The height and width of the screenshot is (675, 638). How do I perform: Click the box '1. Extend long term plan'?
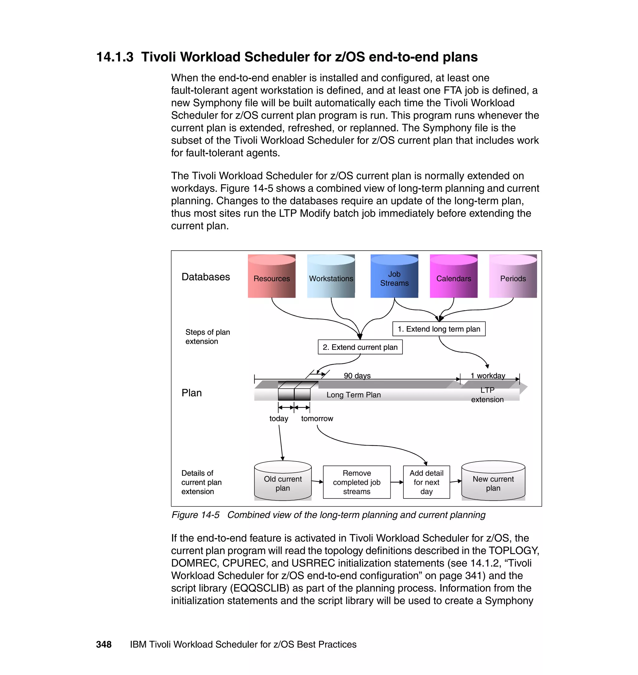tap(438, 329)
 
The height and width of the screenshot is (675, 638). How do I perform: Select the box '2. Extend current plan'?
tap(360, 347)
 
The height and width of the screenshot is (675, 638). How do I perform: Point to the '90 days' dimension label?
tap(357, 375)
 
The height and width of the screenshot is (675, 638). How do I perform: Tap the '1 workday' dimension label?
tap(487, 375)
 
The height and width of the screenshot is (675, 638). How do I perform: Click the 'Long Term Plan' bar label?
tap(353, 394)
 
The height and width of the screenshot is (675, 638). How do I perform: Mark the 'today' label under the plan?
tap(279, 418)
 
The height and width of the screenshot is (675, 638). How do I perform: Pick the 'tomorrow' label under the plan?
tap(317, 418)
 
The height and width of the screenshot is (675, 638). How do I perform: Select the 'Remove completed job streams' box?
tap(356, 482)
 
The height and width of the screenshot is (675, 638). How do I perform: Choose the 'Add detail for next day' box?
tap(426, 482)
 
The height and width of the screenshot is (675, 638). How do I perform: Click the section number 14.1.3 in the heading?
tap(115, 57)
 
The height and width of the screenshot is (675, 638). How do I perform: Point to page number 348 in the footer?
tap(104, 644)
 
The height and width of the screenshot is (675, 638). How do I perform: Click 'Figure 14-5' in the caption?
tap(195, 515)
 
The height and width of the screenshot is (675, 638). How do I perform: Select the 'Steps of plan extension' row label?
tap(207, 337)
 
